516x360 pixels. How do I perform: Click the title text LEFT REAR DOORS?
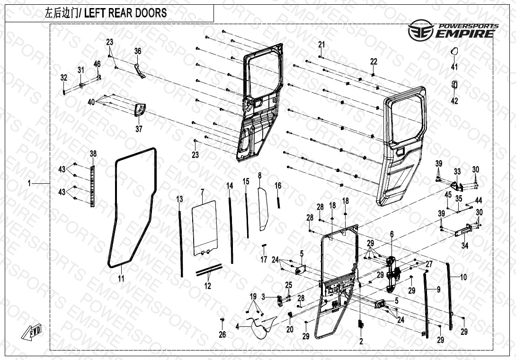125,13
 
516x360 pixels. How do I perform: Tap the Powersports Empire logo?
453,29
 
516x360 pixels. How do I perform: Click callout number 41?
454,67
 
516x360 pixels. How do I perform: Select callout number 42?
454,101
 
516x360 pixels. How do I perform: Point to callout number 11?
121,279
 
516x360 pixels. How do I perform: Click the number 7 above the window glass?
202,192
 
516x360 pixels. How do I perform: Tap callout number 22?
374,62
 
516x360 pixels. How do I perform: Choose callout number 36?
138,51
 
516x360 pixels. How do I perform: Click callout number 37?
139,129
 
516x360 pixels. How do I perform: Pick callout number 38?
93,153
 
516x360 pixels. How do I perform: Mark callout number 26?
222,334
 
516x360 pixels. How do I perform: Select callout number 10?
463,277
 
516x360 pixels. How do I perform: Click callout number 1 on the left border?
29,183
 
